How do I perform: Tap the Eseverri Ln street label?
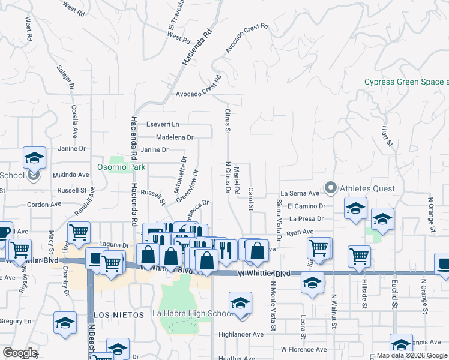click(x=164, y=124)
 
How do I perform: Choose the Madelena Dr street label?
click(x=175, y=137)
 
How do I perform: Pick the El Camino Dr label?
click(x=306, y=206)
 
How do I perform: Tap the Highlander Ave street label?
click(x=241, y=335)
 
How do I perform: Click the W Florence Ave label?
click(x=304, y=349)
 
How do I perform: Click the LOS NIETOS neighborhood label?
click(x=119, y=314)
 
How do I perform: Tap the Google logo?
click(x=20, y=353)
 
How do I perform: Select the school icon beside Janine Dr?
click(x=35, y=158)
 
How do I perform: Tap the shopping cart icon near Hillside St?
click(x=359, y=256)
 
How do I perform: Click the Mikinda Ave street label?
click(x=71, y=175)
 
